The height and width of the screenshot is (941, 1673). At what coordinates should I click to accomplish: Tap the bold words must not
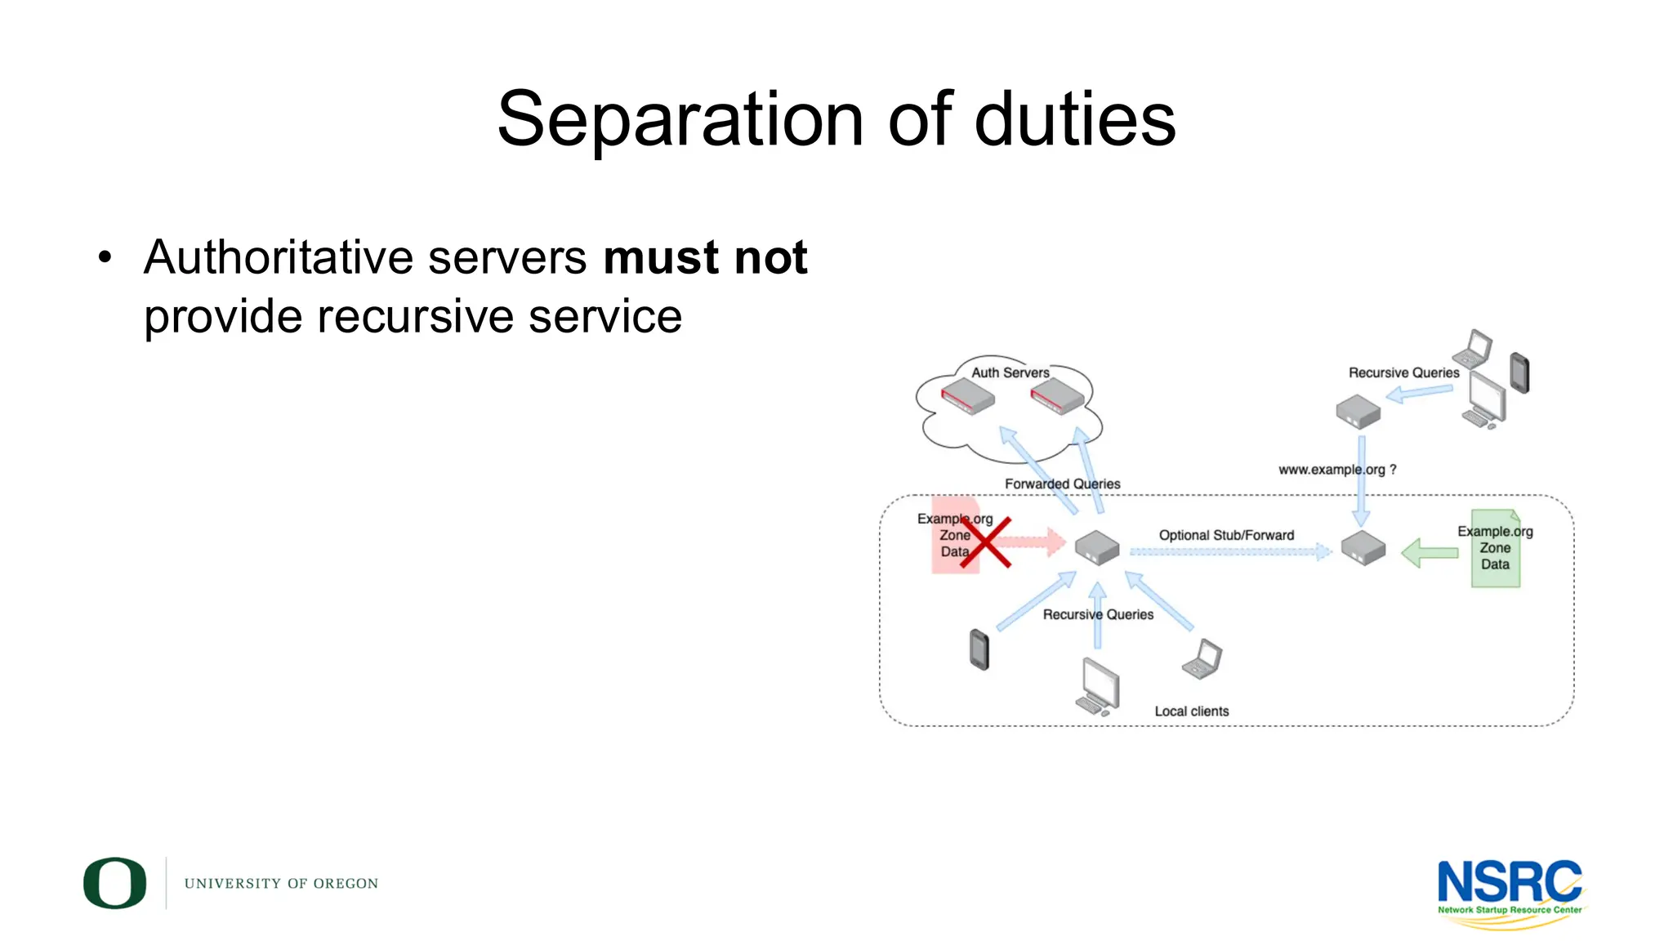point(705,258)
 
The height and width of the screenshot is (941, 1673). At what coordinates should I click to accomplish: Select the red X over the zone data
point(985,542)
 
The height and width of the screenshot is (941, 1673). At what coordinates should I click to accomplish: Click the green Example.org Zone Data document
point(1495,549)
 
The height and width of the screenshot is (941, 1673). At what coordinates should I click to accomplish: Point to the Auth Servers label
point(1010,372)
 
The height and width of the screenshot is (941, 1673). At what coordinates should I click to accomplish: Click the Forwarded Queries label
point(1062,484)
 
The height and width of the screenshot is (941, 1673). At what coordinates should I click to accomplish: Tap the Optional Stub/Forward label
point(1226,535)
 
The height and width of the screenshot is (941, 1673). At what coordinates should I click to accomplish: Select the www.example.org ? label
point(1337,470)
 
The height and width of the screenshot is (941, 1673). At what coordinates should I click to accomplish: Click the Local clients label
point(1191,711)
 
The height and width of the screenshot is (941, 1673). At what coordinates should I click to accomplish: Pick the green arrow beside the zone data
point(1430,553)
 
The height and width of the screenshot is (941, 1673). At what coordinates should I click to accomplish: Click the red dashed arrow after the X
point(1033,541)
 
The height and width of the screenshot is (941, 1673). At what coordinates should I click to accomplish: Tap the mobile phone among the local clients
point(979,649)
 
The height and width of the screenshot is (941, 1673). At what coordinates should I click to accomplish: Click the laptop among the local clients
point(1202,659)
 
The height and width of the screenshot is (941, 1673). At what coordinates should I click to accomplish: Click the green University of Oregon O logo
point(115,883)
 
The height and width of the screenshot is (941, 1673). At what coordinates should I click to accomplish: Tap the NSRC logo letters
point(1509,882)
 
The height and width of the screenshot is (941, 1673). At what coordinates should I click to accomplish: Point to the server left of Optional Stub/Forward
point(1096,547)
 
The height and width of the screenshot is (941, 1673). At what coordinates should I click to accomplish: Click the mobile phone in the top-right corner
point(1519,372)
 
